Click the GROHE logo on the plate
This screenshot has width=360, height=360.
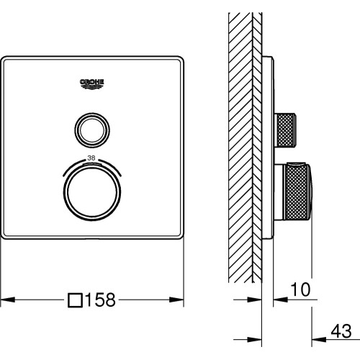coord(92,84)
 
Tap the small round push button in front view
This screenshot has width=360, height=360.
coord(92,130)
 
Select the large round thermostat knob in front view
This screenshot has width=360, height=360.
coord(92,192)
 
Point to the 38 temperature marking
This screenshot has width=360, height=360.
coord(91,158)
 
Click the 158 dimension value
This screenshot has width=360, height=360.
coord(100,300)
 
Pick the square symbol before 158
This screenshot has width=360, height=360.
coord(76,300)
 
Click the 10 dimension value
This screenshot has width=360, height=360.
coord(300,289)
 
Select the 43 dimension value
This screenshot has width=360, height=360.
coord(341,331)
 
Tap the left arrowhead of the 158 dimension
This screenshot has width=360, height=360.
coord(8,300)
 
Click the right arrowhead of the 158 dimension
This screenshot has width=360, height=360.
coord(176,300)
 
